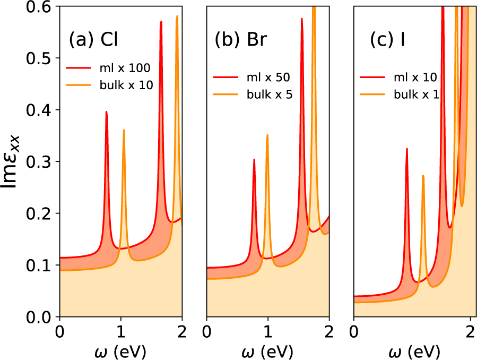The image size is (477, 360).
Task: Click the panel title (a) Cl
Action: click(100, 40)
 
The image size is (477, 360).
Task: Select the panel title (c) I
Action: click(388, 40)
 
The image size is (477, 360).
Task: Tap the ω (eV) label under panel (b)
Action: click(267, 351)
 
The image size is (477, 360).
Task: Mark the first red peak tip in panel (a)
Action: click(107, 112)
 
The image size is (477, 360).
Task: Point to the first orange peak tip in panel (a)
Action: click(124, 130)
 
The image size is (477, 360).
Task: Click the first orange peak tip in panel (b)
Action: click(267, 135)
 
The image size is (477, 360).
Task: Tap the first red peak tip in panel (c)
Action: click(406, 149)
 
